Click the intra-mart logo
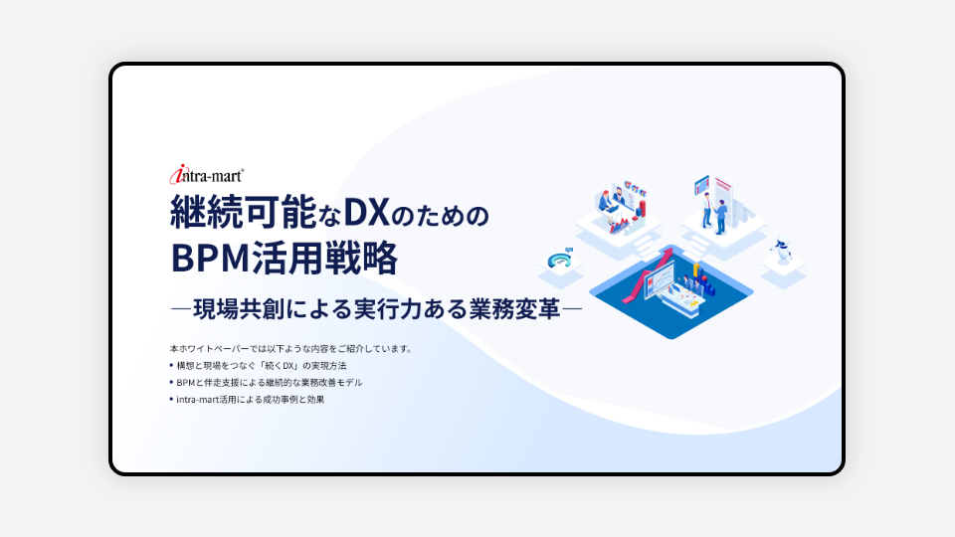coord(207,175)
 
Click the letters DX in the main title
coord(366,212)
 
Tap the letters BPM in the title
coord(210,258)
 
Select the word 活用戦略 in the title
coord(324,258)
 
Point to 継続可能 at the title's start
coord(244,212)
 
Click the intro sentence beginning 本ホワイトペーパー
coord(291,349)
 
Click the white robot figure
coord(780,249)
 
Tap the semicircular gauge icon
coord(560,260)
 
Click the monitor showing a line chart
coord(660,281)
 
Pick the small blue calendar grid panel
coord(702,185)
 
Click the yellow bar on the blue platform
coord(695,270)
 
